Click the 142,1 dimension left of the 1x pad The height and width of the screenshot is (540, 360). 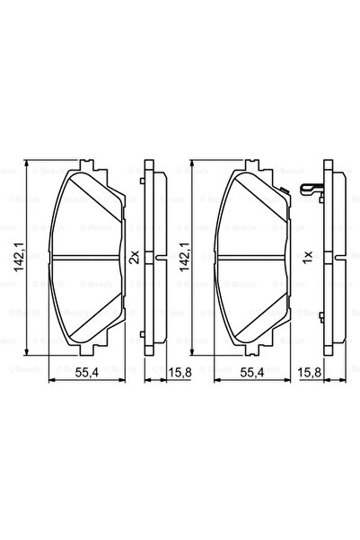tap(185, 259)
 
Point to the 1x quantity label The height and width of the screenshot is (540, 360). tap(307, 258)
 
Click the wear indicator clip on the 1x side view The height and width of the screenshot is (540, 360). tap(309, 189)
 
